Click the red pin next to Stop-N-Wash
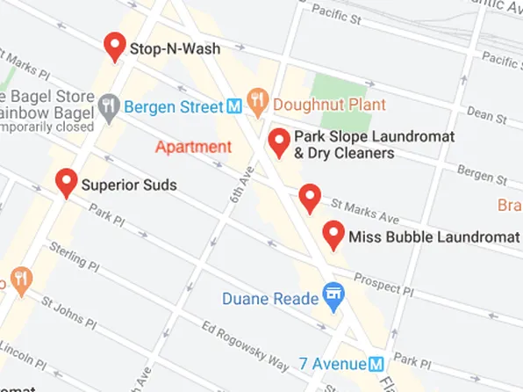coord(114,45)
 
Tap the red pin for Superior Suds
coord(66,182)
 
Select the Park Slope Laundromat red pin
coord(279,142)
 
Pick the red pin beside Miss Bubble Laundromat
coord(333,234)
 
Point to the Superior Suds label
coord(129,185)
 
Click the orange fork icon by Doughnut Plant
coord(257,103)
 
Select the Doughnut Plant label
coord(316,105)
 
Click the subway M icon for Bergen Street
coord(234,106)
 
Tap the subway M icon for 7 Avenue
coord(376,364)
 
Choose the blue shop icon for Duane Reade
coord(333,296)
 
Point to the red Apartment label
coord(193,147)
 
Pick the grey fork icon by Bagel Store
coord(109,106)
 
